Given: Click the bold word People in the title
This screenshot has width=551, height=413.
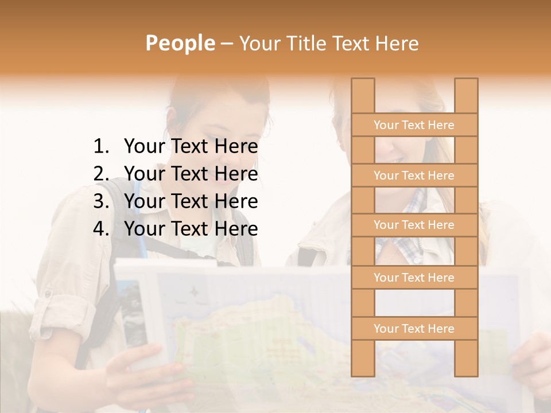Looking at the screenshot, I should point(180,43).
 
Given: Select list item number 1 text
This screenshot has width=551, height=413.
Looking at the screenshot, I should point(191,147).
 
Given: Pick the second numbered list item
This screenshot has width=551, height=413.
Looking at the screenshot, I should point(191,174).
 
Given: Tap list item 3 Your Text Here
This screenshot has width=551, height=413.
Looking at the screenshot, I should point(191,201).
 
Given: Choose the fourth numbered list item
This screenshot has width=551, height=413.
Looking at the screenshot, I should point(191,229).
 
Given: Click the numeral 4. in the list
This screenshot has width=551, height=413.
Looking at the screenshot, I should point(101,229).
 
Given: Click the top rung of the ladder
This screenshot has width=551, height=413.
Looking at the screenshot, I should point(414,125).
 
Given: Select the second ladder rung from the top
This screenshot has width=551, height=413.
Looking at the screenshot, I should point(414,176).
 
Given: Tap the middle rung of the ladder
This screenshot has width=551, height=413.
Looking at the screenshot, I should point(414,225).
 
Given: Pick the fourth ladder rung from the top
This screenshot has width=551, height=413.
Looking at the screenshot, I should point(414,278).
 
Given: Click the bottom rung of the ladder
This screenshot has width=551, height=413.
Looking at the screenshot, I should point(414,329).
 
